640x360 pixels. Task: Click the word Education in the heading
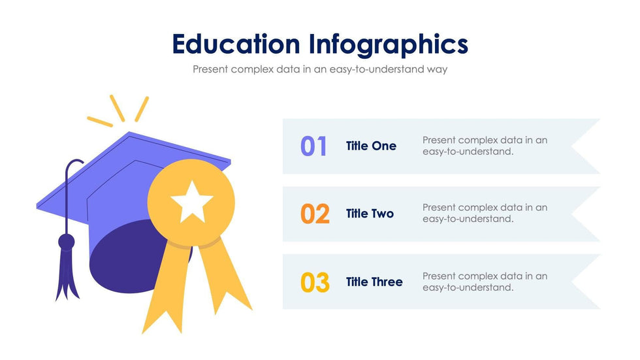(236, 44)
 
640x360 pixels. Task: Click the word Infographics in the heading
(388, 46)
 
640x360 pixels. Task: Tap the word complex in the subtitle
(250, 69)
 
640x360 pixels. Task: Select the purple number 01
(314, 146)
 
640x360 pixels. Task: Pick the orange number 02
(315, 214)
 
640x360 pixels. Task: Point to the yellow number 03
(315, 282)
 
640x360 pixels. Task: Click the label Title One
(371, 146)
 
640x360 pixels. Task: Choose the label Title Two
(370, 214)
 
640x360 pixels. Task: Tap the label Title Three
(374, 282)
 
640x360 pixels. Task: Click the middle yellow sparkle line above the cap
(117, 108)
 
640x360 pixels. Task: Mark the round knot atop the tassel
(67, 242)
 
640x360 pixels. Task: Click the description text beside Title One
(485, 146)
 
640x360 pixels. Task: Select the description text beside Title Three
(485, 282)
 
